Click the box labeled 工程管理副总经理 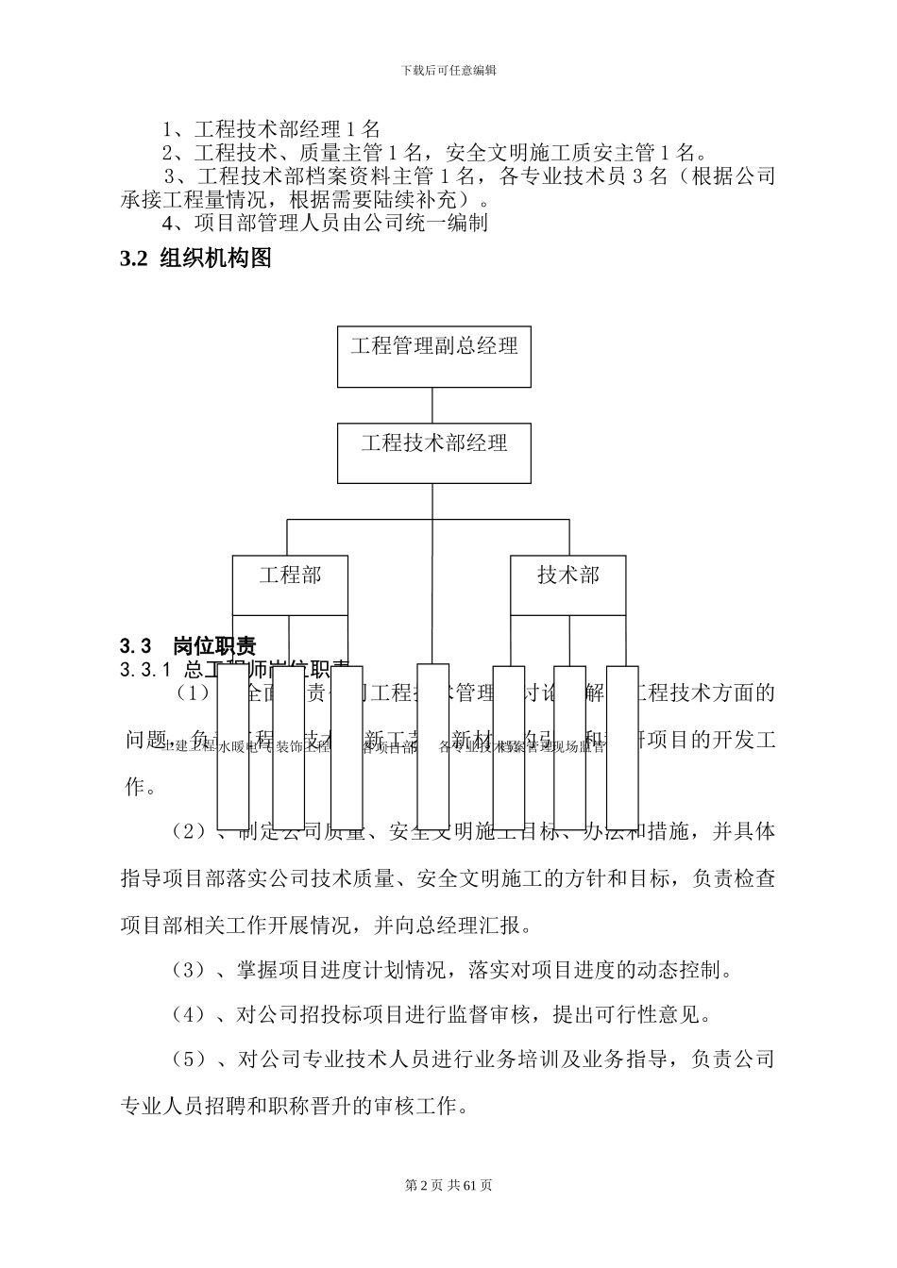tap(433, 357)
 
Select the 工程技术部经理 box tap(433, 453)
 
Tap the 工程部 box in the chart tap(290, 586)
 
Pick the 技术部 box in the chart tap(568, 586)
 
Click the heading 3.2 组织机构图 tap(196, 259)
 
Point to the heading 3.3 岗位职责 tap(189, 646)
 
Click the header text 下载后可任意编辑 tap(448, 70)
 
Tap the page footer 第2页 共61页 tap(448, 1185)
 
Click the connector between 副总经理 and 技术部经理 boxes tap(433, 405)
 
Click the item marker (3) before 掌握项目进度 tap(190, 969)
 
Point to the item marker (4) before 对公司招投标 tap(190, 1014)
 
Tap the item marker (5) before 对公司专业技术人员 tap(190, 1059)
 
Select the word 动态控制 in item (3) tap(676, 969)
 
